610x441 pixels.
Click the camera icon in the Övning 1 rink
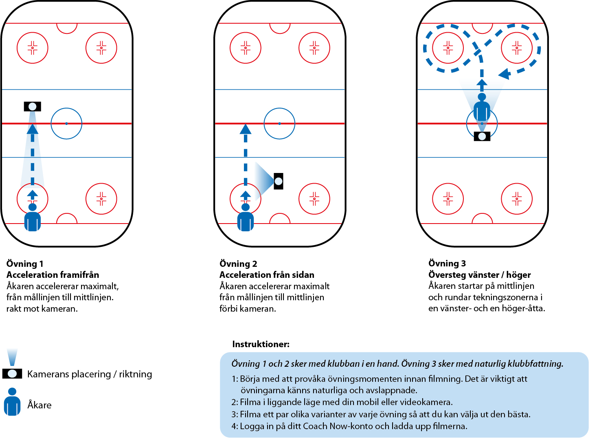33,107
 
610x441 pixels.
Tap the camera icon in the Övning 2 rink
279,181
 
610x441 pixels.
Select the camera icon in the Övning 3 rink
482,136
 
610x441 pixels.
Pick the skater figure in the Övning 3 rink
482,107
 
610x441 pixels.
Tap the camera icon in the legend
12,373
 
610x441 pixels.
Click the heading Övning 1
25,264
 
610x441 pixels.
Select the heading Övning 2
238,264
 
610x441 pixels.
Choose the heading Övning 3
447,264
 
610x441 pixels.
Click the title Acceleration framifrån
53,275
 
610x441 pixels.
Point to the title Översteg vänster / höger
479,275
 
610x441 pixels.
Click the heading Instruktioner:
261,344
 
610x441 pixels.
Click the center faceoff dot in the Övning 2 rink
279,123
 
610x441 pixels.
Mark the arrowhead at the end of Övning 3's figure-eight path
505,74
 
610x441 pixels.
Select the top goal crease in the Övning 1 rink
67,28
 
